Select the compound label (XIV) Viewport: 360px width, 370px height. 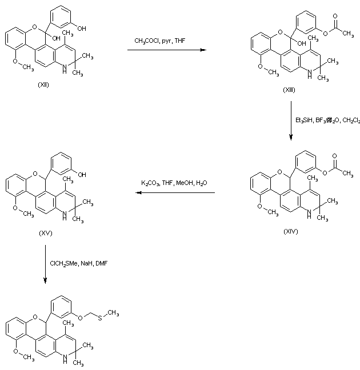[x=290, y=232]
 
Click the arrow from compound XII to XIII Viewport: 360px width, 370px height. [x=166, y=50]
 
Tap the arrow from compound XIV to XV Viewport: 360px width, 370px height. [x=175, y=192]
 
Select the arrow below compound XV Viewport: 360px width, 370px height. [x=45, y=263]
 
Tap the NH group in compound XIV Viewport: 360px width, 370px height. [x=310, y=214]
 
